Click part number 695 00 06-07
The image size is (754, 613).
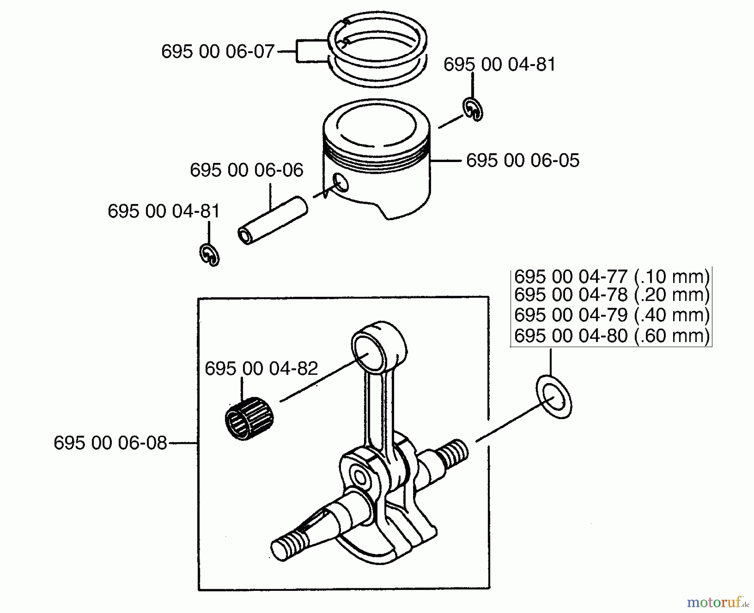pos(217,52)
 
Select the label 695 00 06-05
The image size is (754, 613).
pos(522,160)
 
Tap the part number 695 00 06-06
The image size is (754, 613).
pos(246,170)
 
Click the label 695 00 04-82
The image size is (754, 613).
pos(261,369)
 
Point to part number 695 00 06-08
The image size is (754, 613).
pos(110,443)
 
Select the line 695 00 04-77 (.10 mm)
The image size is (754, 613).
pos(612,277)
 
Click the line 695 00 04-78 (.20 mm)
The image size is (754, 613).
pos(612,295)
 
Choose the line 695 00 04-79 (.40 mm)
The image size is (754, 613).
pos(612,315)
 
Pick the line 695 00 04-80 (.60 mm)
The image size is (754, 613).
pos(612,336)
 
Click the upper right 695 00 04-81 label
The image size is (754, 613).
pos(499,65)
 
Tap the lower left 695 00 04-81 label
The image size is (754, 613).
pos(164,211)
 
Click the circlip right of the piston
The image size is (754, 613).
pos(473,110)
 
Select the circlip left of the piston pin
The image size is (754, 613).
pos(209,255)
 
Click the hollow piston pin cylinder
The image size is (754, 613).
pos(272,221)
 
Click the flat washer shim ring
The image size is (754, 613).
pos(554,397)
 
